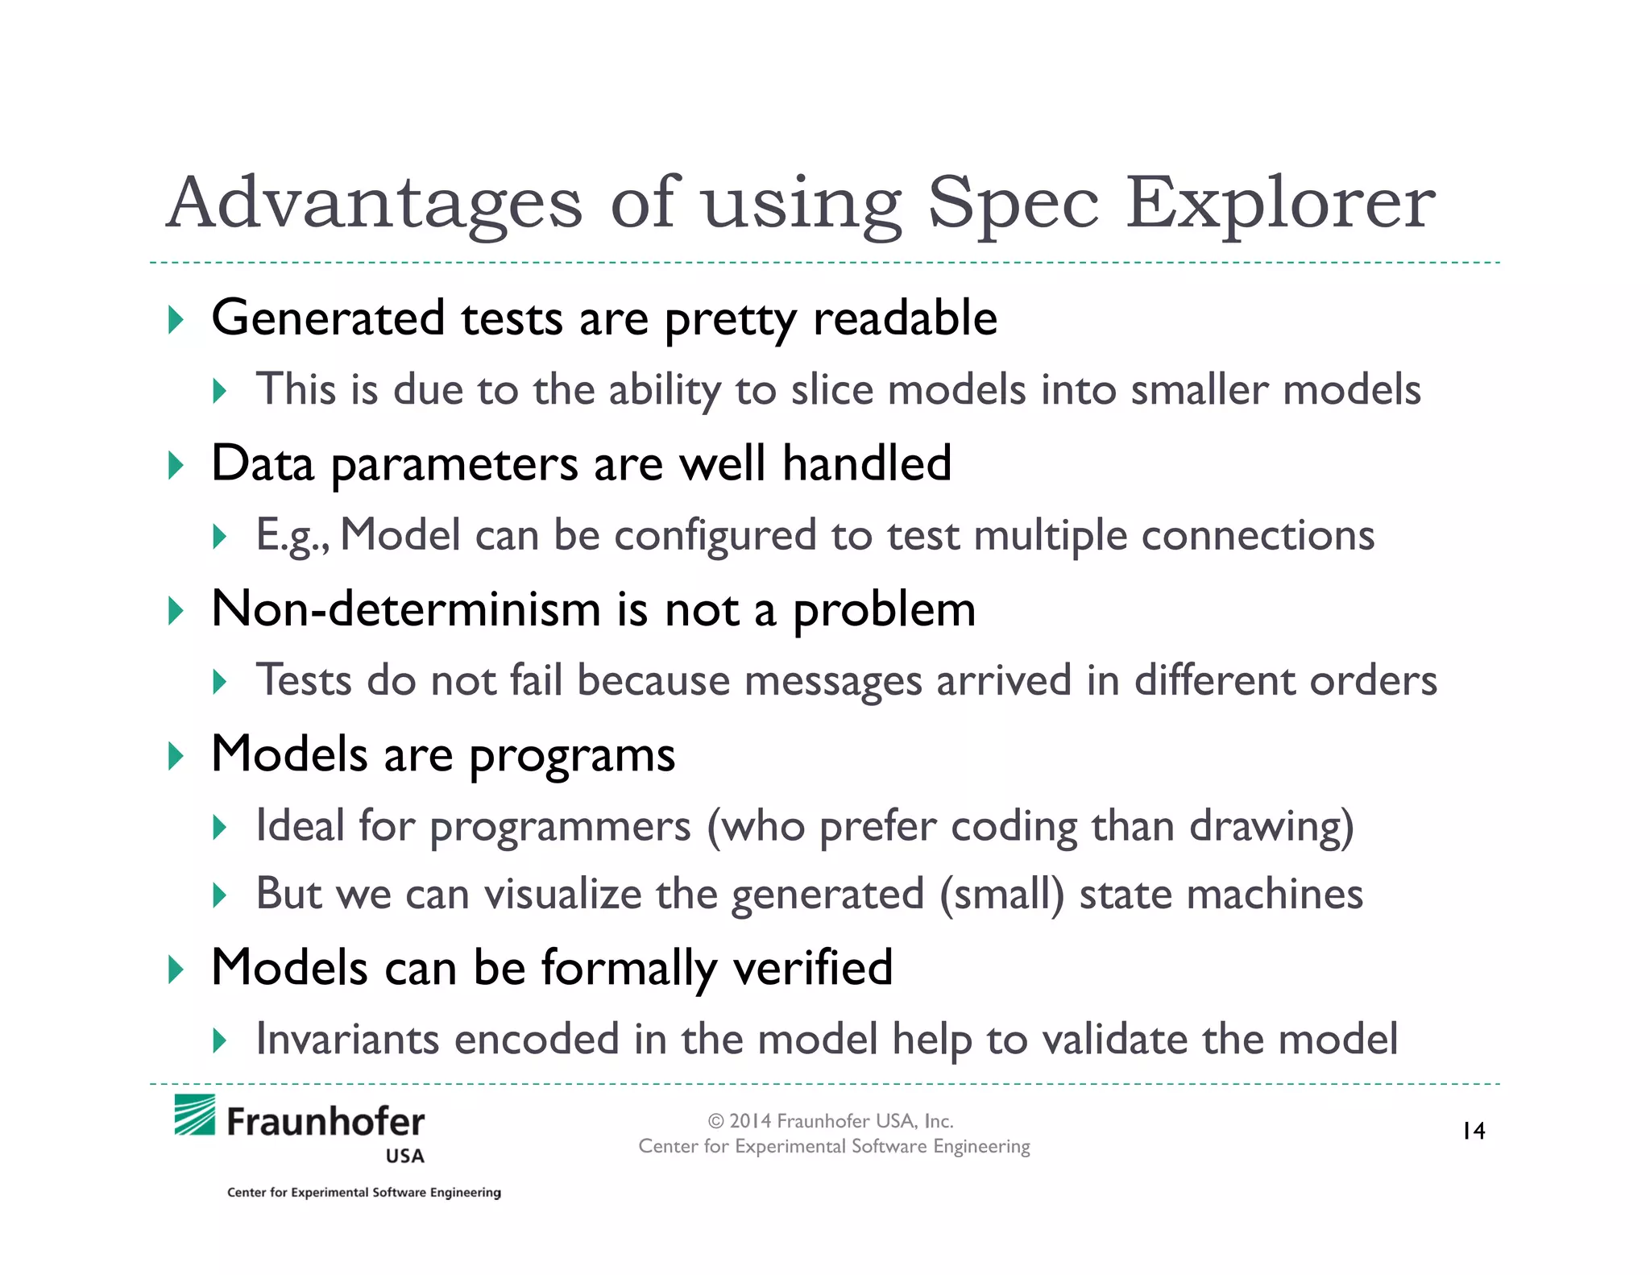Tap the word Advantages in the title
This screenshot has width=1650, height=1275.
[x=374, y=203]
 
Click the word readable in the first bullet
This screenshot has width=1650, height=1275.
[x=905, y=318]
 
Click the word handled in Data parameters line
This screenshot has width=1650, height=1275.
[x=867, y=464]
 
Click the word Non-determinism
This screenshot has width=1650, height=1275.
[x=405, y=609]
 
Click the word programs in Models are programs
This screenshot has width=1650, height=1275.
[x=571, y=756]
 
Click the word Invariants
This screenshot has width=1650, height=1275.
[x=347, y=1039]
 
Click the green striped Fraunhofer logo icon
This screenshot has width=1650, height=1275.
[x=195, y=1115]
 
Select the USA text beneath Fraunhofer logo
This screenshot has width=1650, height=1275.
[x=404, y=1157]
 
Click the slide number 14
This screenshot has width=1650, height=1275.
[x=1474, y=1132]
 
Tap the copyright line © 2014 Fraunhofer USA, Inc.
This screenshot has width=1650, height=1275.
[x=831, y=1121]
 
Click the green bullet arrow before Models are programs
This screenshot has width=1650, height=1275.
[x=175, y=756]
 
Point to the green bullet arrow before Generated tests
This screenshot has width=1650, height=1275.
[x=175, y=320]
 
